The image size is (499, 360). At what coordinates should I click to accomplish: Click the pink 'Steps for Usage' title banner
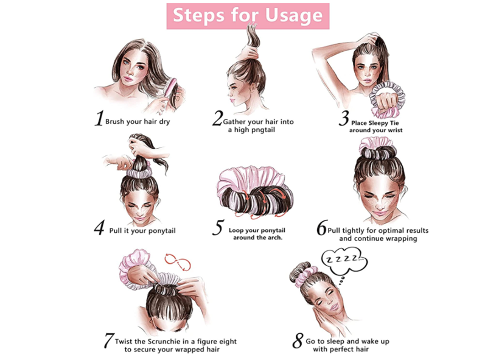point(248,16)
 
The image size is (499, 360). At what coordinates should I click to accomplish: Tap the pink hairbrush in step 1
point(171,89)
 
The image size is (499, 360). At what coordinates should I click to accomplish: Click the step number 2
point(217,118)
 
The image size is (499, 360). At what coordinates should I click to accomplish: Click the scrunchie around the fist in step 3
point(388,99)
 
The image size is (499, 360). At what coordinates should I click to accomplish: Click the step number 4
point(99,228)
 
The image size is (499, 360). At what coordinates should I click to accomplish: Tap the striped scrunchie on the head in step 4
point(139,172)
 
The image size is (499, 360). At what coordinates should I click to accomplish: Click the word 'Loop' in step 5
point(236,230)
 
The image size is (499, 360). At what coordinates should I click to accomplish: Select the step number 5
point(218,227)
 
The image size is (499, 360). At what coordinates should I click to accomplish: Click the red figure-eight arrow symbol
point(177,263)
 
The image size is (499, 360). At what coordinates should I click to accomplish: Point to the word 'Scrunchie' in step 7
point(162,342)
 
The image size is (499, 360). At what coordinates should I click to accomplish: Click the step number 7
point(108,341)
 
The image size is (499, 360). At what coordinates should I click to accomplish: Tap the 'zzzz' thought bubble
point(344,261)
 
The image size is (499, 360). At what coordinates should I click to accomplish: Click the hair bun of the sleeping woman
point(299,272)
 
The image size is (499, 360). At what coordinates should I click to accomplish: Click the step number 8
point(298,341)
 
